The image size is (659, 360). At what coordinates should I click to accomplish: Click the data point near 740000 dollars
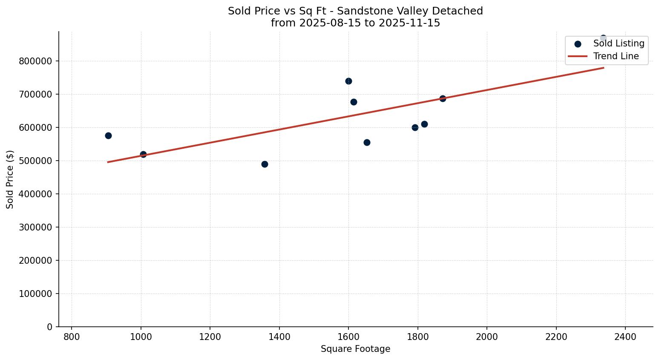coord(348,81)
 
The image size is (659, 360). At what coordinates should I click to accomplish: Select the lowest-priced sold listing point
coord(265,164)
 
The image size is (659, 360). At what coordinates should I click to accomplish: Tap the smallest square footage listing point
coord(108,135)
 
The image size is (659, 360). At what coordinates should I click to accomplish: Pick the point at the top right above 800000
coord(603,38)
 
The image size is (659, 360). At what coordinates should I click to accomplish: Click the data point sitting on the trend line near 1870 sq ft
coord(443,98)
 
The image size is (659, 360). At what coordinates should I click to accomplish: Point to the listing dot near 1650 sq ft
coord(367,142)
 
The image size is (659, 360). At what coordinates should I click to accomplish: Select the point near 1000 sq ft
coord(143,154)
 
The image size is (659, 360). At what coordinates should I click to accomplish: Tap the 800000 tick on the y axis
coord(35,61)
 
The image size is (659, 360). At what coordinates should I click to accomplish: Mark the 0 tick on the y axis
coord(50,327)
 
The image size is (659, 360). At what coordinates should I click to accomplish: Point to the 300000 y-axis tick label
coord(35,227)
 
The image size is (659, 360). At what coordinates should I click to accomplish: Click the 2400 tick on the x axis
coord(625,337)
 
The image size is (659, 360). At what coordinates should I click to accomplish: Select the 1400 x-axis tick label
coord(279,337)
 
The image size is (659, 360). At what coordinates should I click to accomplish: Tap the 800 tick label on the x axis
coord(72,337)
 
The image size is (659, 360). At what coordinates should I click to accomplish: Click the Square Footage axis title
coord(355,349)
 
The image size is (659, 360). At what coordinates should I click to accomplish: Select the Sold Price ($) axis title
coord(10,179)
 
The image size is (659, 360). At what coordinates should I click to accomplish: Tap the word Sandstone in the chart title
coord(360,11)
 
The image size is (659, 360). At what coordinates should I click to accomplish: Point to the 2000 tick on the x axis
coord(486,337)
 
